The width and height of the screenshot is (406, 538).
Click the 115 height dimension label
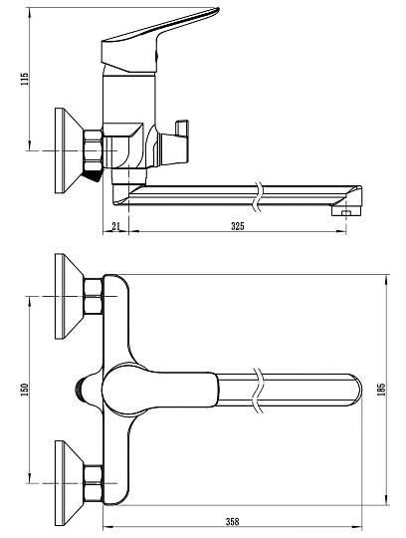coord(25,79)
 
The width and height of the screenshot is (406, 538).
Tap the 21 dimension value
coord(116,226)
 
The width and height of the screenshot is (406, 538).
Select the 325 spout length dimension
coord(238,226)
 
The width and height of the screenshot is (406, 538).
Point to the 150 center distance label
coord(25,390)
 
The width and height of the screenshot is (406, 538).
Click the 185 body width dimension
coord(381,390)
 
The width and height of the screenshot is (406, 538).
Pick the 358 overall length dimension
coord(232,522)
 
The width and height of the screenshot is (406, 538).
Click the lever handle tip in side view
coord(216,10)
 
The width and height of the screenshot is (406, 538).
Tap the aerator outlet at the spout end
coord(346,210)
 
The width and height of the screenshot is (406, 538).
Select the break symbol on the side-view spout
coord(259,196)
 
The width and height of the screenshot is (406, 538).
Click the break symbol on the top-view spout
coord(259,391)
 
